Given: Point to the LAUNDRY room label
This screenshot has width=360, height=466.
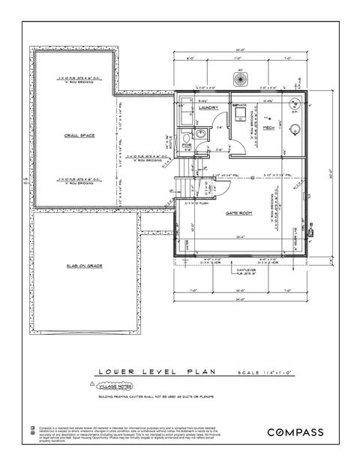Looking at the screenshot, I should pos(208,108).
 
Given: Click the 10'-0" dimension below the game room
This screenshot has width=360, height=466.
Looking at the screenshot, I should pos(242,290).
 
